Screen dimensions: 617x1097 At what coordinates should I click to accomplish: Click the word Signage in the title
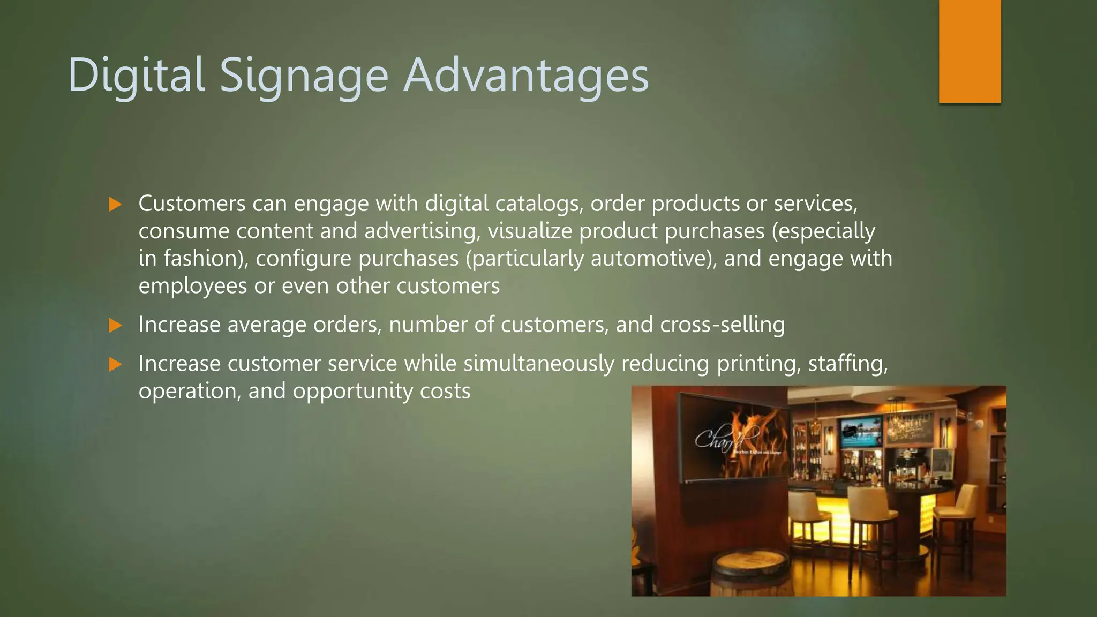point(304,76)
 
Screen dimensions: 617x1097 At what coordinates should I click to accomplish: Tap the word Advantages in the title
point(525,76)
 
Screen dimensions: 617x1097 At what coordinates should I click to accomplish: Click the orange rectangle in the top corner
point(970,51)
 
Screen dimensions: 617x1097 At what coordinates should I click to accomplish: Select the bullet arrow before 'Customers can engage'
point(115,204)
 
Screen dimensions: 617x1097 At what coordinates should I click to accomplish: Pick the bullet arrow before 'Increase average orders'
point(115,325)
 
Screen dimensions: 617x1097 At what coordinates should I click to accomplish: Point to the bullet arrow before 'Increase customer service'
point(115,365)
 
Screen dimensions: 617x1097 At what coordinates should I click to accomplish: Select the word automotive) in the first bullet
point(653,259)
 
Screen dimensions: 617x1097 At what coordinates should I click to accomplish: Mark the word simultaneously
point(539,364)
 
